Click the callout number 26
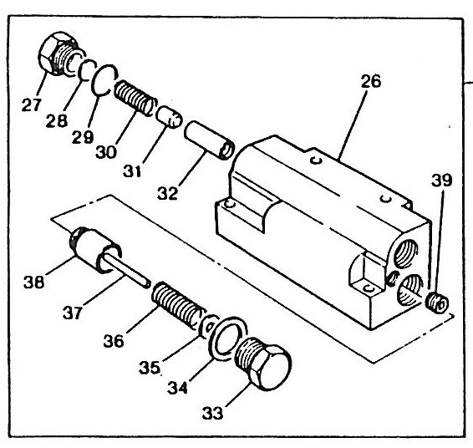click(371, 81)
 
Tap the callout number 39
click(442, 181)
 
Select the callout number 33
click(212, 413)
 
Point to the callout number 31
click(132, 171)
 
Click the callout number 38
click(33, 283)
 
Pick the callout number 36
click(114, 341)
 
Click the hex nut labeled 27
click(58, 53)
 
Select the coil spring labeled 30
click(135, 98)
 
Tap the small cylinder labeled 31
click(170, 117)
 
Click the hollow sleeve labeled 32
click(210, 140)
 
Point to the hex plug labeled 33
click(263, 364)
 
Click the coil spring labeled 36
click(178, 305)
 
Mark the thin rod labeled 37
click(126, 270)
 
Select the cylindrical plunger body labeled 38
click(94, 248)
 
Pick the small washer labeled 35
click(207, 326)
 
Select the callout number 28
click(57, 120)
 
